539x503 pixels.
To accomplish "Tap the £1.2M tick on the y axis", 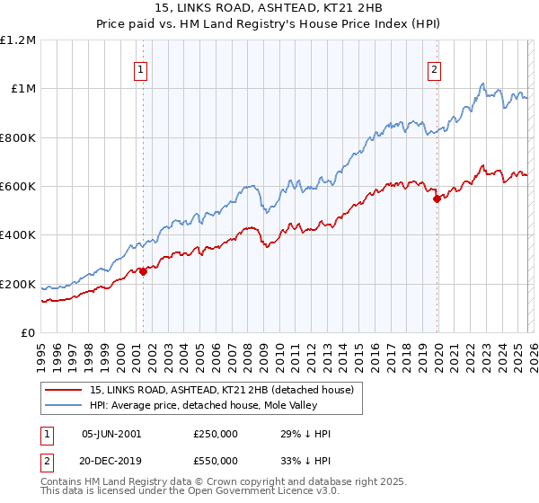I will coord(18,40).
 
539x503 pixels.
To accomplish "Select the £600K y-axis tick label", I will coord(18,187).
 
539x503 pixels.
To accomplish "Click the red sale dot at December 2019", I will coord(437,199).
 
